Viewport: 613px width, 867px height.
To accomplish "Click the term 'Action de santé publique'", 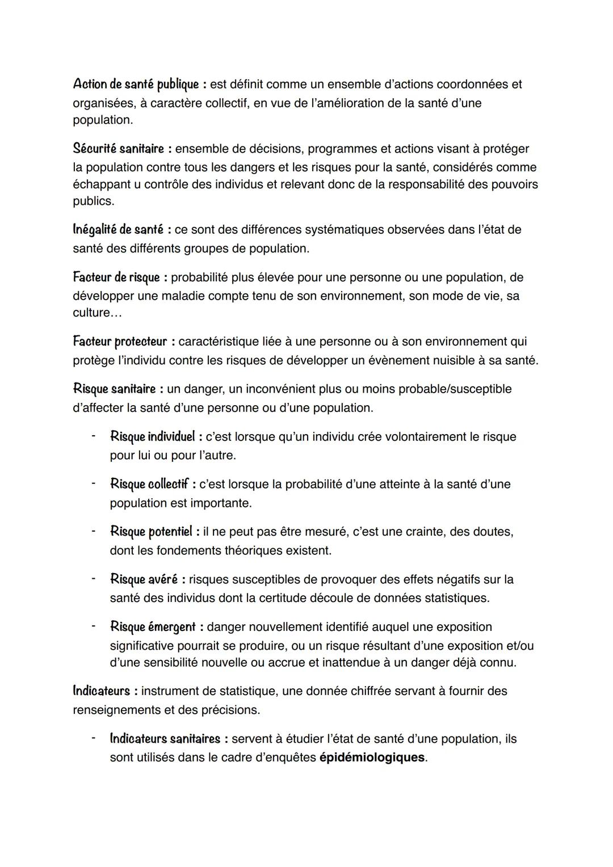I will coord(136,85).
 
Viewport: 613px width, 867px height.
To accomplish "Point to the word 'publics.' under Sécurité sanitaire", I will coord(93,201).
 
